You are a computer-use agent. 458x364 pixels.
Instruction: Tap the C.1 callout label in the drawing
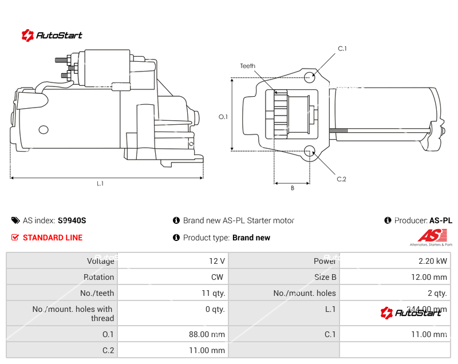[x=342, y=49]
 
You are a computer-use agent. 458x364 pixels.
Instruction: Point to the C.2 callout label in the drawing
[x=341, y=179]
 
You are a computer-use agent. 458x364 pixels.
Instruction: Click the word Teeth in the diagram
[x=247, y=66]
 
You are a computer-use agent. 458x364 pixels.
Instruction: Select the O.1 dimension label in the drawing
[x=223, y=117]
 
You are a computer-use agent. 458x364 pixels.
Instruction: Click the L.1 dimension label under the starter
[x=100, y=184]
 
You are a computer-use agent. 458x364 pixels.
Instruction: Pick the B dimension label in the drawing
[x=292, y=188]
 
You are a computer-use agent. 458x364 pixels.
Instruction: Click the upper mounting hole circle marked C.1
[x=310, y=77]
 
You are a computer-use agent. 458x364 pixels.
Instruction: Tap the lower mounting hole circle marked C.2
[x=310, y=151]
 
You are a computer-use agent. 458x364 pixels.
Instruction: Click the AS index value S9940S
[x=72, y=220]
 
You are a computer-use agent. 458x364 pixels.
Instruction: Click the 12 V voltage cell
[x=217, y=261]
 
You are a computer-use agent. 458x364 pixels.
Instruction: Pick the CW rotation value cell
[x=218, y=277]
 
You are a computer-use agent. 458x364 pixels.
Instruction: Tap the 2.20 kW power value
[x=433, y=261]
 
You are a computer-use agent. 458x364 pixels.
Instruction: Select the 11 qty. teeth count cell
[x=214, y=293]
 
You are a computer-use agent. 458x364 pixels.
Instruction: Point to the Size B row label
[x=325, y=277]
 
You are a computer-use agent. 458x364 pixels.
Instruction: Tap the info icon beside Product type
[x=176, y=238]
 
